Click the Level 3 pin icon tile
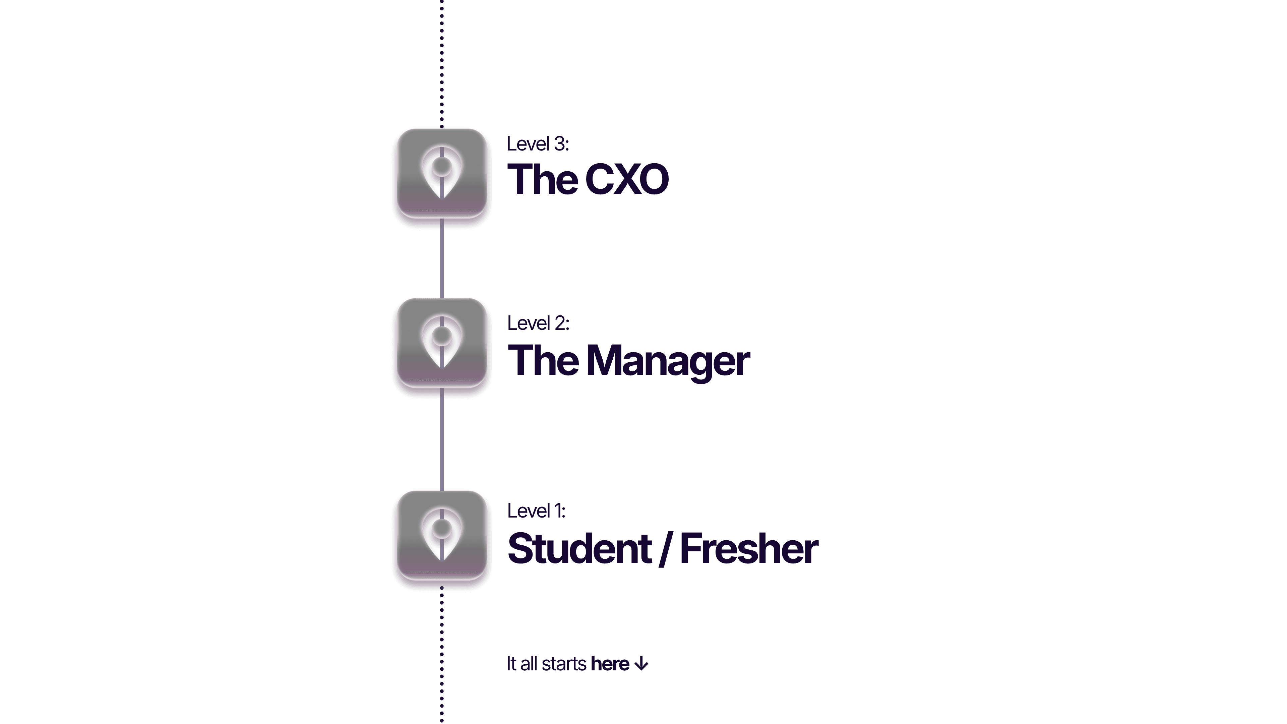442,174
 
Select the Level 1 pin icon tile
442,536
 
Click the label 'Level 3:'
538,144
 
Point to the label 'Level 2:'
538,323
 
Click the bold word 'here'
610,664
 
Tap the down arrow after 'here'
641,664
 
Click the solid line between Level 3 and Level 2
442,260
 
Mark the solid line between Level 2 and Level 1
442,442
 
